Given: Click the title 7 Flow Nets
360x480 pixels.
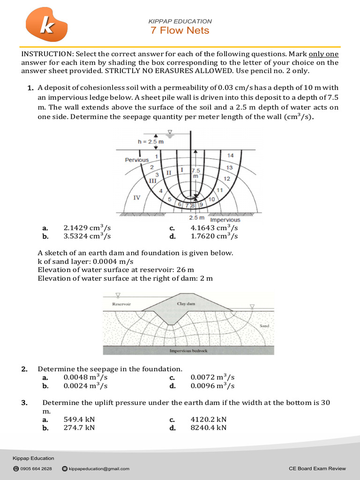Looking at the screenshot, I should click(180, 31).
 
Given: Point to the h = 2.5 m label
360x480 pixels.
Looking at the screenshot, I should click(150, 142).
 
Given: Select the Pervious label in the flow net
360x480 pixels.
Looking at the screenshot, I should click(136, 160).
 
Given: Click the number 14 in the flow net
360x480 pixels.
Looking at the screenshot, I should click(230, 156).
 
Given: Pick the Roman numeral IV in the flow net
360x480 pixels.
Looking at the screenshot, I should click(137, 198).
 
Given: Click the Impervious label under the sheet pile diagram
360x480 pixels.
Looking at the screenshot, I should click(225, 220).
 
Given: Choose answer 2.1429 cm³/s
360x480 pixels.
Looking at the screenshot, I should click(87, 228).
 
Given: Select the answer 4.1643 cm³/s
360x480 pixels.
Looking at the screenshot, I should click(214, 228).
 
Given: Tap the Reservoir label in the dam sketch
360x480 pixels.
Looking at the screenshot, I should click(121, 304).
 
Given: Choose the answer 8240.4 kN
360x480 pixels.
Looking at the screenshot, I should click(209, 427).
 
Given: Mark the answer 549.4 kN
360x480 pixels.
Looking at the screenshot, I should click(79, 419).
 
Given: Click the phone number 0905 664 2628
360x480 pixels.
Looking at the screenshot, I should click(36, 468).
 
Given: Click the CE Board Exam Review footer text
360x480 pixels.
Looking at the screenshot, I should click(317, 468).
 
